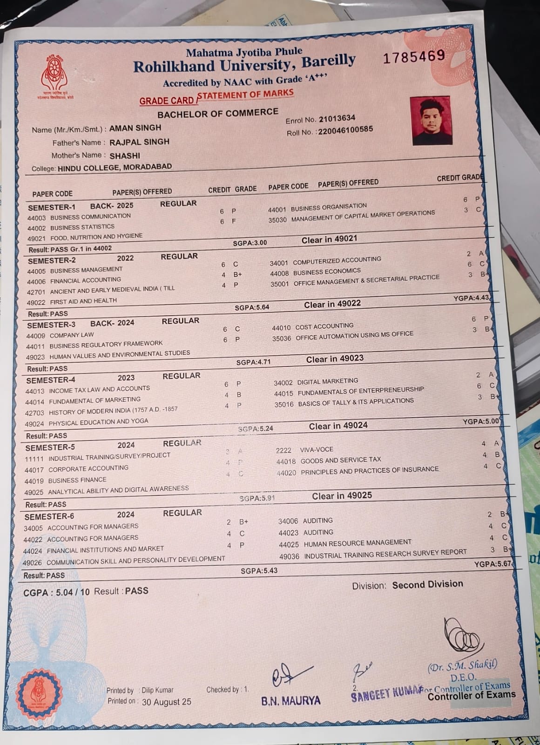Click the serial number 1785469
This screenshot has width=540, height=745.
[414, 57]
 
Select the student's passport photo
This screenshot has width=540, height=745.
[432, 121]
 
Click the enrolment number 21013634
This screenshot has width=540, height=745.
[337, 118]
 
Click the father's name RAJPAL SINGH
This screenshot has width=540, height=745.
[139, 142]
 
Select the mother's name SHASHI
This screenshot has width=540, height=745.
[125, 156]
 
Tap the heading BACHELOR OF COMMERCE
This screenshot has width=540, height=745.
[217, 113]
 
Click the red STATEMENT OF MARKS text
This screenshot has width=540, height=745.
[245, 95]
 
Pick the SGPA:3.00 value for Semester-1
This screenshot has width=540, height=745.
[250, 243]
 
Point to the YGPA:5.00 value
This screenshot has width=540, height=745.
[481, 421]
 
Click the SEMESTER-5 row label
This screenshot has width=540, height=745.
[50, 447]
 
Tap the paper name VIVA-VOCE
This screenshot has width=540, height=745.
[317, 449]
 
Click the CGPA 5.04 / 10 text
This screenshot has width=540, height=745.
[56, 592]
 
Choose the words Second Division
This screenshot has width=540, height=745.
[427, 584]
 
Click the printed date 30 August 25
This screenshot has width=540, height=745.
[166, 702]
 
